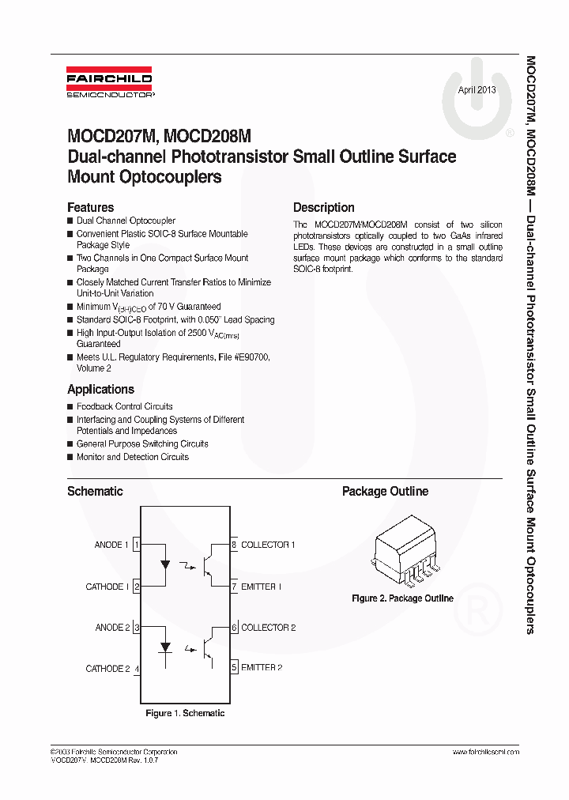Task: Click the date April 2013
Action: [x=477, y=90]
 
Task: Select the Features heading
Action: [x=90, y=207]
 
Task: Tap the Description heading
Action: [x=323, y=207]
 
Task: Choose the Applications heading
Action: [x=100, y=389]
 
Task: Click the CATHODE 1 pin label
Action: [x=107, y=587]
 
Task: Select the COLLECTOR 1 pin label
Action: [x=268, y=545]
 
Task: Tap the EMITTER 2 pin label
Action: [x=262, y=667]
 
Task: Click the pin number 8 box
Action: [x=234, y=545]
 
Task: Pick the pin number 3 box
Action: [x=138, y=628]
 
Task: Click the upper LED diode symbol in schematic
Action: [x=165, y=564]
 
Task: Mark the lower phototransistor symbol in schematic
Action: [x=211, y=647]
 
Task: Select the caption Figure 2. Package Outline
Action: [x=402, y=598]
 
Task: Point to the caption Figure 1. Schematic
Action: [x=185, y=713]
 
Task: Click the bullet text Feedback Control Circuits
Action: [x=124, y=406]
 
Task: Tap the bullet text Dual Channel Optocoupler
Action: [x=126, y=221]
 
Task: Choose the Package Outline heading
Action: [x=385, y=491]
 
